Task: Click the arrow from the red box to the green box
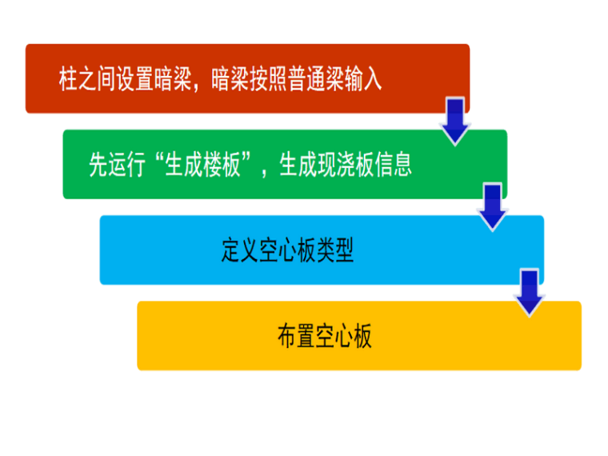pyautogui.click(x=455, y=120)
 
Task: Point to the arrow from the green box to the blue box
pyautogui.click(x=493, y=206)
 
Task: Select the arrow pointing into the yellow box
pyautogui.click(x=529, y=292)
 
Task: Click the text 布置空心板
pyautogui.click(x=325, y=336)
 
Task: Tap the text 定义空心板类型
pyautogui.click(x=287, y=250)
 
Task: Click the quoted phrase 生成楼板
pyautogui.click(x=202, y=165)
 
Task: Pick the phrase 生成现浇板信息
pyautogui.click(x=346, y=165)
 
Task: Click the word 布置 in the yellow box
pyautogui.click(x=297, y=336)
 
